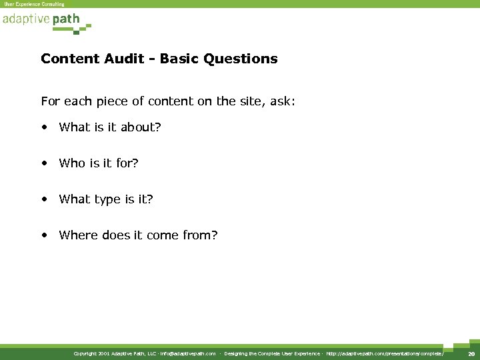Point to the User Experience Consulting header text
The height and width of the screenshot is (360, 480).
tap(34, 4)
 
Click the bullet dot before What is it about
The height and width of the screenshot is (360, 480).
tap(44, 127)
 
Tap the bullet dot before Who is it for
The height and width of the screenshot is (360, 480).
tap(44, 163)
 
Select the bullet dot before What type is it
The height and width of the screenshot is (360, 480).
tap(44, 199)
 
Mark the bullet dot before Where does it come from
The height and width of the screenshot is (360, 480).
tap(44, 235)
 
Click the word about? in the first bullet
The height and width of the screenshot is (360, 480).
tap(141, 127)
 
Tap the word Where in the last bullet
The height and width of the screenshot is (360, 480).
tap(78, 235)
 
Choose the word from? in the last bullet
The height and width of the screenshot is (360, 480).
tap(201, 235)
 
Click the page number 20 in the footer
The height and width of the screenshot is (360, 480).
tap(471, 354)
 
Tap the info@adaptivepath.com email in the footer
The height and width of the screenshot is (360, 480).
tap(187, 354)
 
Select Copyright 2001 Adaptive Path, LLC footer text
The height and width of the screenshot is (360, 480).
tap(115, 354)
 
